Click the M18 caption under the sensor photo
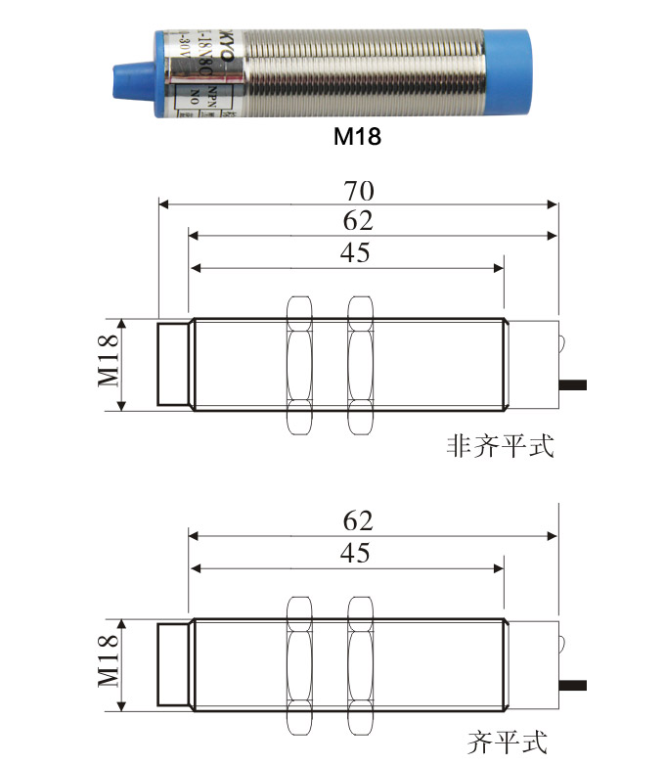coord(356,138)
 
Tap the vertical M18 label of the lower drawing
coord(107,664)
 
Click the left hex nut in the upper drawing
coord(298,364)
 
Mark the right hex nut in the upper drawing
coord(361,364)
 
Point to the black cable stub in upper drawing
coord(572,385)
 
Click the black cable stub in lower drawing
coord(572,684)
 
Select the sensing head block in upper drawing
coord(173,364)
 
